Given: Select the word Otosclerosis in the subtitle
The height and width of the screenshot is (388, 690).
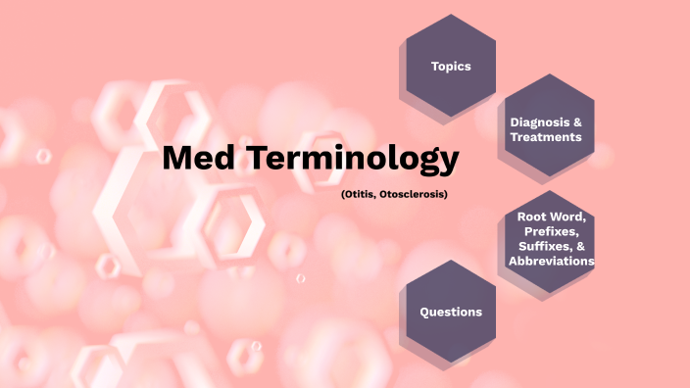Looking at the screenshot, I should click(x=411, y=194).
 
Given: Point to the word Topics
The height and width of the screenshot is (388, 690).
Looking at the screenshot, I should click(x=451, y=67).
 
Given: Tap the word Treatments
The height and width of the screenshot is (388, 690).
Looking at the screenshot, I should click(x=546, y=137).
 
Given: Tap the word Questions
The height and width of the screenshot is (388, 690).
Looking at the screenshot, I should click(x=451, y=312).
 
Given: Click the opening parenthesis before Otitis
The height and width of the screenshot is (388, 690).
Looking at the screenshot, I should click(x=343, y=194).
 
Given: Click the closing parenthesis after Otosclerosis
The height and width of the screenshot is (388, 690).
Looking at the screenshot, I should click(x=446, y=194).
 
